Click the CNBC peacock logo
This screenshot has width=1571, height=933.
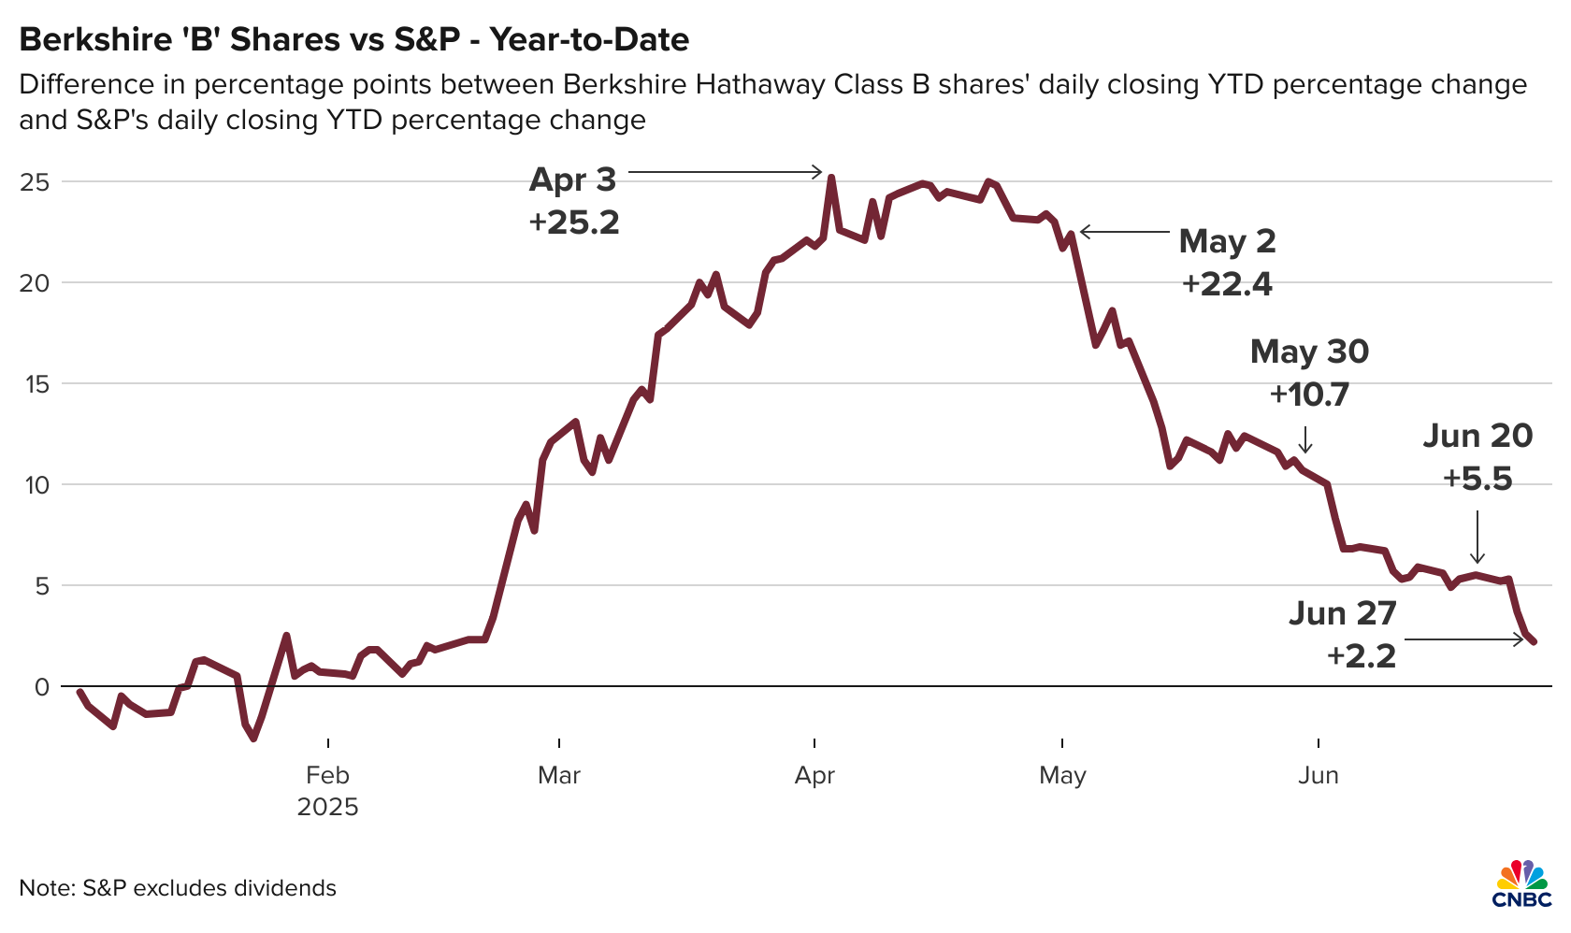pos(1521,884)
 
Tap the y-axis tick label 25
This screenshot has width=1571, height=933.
pos(35,181)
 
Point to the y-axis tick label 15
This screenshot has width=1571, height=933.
pos(35,383)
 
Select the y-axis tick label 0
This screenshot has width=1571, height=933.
pos(41,687)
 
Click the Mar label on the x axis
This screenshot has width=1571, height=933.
pos(559,776)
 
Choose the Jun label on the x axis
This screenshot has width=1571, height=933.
pos(1319,776)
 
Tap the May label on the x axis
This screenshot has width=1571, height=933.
pos(1062,776)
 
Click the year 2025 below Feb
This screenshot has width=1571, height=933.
pos(327,807)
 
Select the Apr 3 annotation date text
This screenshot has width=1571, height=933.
pos(572,179)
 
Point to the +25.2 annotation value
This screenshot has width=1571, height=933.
pos(573,222)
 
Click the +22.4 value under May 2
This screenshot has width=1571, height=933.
pos(1227,284)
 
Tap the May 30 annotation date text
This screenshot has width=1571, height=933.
pos(1309,352)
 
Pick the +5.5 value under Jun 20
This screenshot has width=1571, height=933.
pos(1477,480)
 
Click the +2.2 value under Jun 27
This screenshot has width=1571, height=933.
pos(1361,655)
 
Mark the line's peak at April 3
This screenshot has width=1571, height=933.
pos(831,178)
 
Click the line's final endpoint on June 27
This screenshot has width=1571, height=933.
pos(1534,641)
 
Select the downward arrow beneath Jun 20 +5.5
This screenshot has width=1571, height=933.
pos(1477,538)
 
